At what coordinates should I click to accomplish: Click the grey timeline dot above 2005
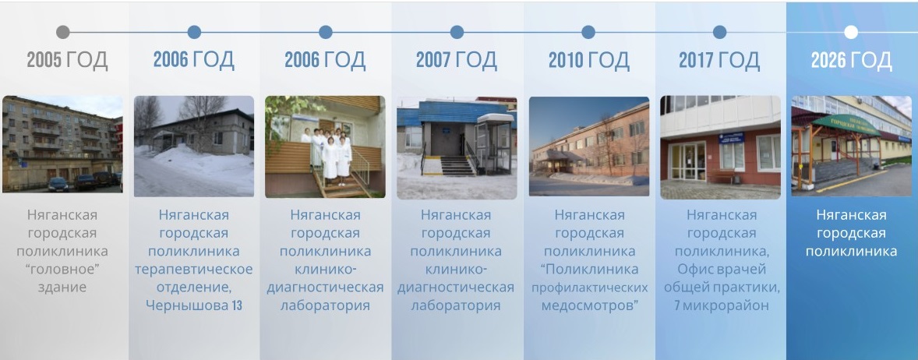tap(63, 32)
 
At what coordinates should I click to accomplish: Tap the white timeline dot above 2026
tap(851, 32)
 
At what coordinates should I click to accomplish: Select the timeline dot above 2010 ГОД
tap(588, 32)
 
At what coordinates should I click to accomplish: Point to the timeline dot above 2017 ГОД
tap(719, 32)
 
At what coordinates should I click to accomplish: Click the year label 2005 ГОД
tap(67, 60)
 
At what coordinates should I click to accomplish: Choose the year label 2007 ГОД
tap(456, 60)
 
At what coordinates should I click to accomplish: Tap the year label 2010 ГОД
tap(588, 60)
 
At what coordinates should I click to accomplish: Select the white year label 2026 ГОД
tap(851, 60)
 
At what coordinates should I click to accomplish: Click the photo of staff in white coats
tap(325, 147)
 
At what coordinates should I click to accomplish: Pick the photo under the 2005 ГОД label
tap(62, 144)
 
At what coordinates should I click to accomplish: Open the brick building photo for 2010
tap(589, 146)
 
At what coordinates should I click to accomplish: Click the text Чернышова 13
tap(194, 305)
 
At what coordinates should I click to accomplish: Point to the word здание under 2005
tap(62, 288)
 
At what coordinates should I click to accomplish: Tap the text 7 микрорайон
tap(722, 305)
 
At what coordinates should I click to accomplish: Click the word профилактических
tap(590, 288)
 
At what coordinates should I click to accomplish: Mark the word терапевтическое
tap(194, 270)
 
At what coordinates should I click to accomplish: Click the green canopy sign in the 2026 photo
tap(846, 124)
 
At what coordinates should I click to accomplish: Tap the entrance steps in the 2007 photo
tap(457, 166)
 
